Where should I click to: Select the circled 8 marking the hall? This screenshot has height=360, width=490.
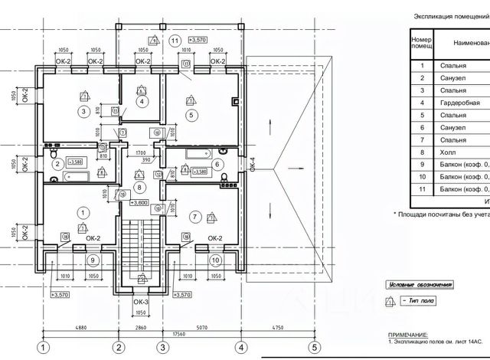[139, 187]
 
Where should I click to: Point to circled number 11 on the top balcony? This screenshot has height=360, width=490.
[175, 40]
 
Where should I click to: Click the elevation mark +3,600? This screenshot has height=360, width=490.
[139, 202]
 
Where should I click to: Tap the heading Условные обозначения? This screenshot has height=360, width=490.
[420, 285]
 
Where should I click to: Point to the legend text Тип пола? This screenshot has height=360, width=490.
[422, 302]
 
